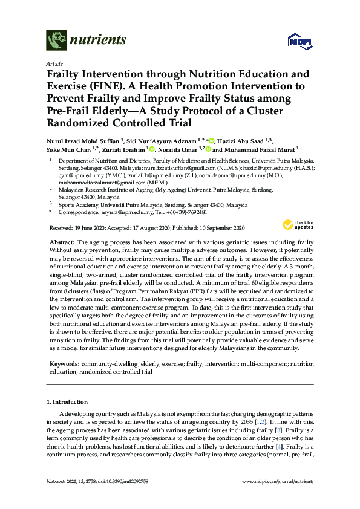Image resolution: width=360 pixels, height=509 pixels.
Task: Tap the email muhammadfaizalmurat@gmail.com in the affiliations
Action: (88, 181)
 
